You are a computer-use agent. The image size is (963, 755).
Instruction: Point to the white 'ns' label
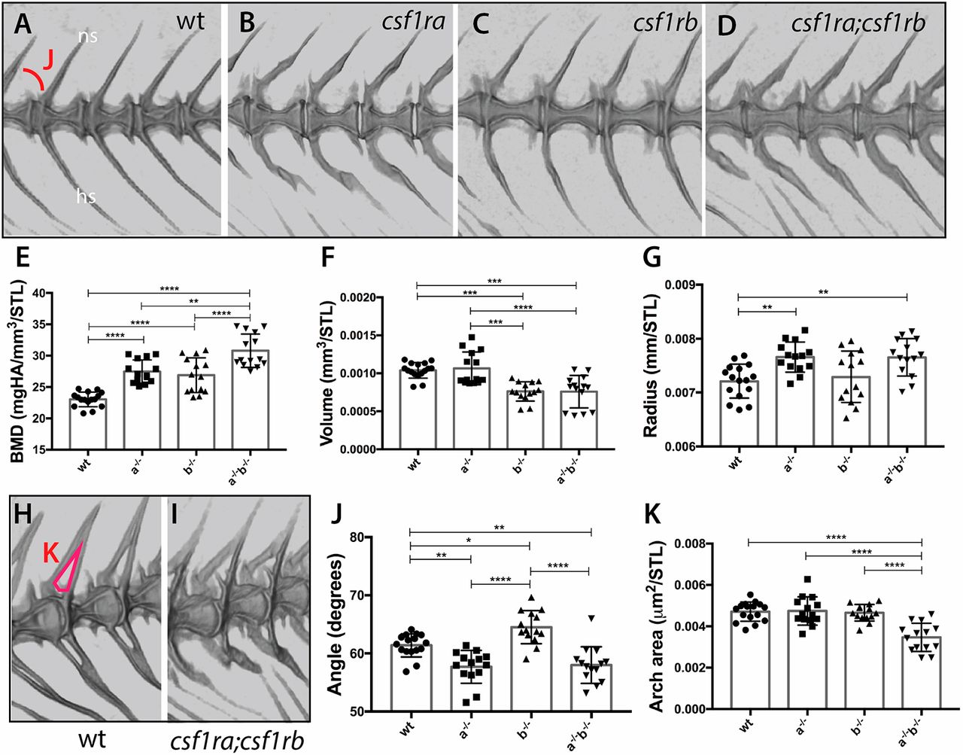tap(88, 35)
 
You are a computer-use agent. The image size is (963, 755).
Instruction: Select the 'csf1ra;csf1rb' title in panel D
tap(858, 25)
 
